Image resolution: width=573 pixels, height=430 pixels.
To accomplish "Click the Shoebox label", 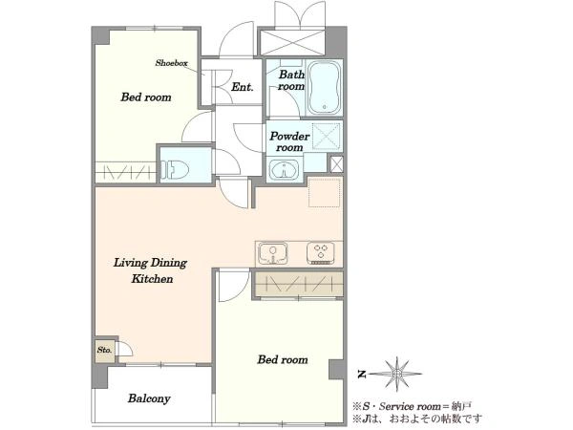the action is click(x=171, y=63).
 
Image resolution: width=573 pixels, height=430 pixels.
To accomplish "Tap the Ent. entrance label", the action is click(x=242, y=87).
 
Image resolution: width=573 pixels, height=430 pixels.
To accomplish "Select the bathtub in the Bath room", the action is click(x=324, y=87).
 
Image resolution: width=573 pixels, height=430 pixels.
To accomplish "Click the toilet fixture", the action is click(x=175, y=170).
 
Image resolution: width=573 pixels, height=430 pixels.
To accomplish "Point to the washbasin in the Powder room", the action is click(x=284, y=169).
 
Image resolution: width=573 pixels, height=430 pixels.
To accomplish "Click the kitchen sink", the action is click(x=272, y=253).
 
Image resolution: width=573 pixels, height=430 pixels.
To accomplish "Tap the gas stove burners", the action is click(x=321, y=252).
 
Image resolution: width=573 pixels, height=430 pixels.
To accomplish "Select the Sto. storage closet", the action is click(x=104, y=351).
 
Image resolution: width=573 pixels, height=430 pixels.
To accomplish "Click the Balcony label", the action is click(x=149, y=398).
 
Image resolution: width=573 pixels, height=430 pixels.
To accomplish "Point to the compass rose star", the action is click(x=396, y=374).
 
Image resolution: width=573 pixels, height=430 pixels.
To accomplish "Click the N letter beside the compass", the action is click(x=362, y=374).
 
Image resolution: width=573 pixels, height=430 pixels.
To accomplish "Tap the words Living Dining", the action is click(x=150, y=263).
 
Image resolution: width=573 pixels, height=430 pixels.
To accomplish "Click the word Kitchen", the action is click(x=152, y=279).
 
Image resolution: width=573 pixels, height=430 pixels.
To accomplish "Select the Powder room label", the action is click(x=289, y=141).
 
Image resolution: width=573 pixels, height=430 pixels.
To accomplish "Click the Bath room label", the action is click(x=291, y=80).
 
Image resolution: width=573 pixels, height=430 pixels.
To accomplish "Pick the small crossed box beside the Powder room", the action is click(x=336, y=164).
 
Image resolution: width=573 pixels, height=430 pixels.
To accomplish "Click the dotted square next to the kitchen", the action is click(x=325, y=192).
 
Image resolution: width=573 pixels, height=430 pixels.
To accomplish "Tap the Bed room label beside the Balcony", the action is click(x=283, y=359).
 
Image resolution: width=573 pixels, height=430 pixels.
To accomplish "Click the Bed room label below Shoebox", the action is click(x=146, y=97).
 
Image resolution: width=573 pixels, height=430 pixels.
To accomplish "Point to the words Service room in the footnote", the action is click(x=410, y=406).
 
